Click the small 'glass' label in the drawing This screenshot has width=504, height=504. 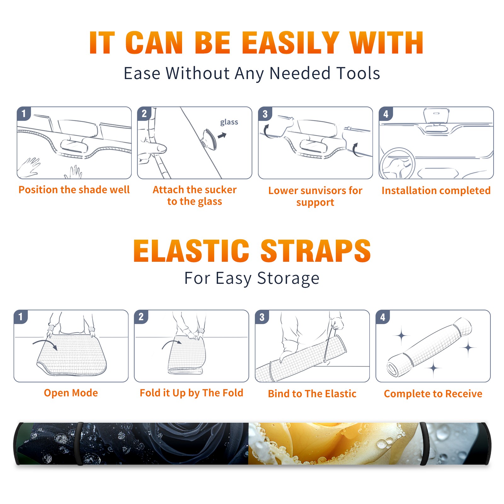click(x=229, y=122)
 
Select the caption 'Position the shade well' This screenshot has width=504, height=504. click(x=74, y=190)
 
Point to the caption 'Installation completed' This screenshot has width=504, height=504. click(x=436, y=190)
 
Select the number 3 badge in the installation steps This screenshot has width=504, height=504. click(x=265, y=114)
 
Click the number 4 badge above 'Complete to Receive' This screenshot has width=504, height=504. click(x=383, y=317)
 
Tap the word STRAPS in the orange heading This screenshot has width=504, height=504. click(x=316, y=251)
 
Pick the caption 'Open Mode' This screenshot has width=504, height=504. click(x=71, y=393)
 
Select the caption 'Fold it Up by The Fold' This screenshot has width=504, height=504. click(x=192, y=393)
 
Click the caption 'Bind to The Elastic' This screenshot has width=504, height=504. click(x=312, y=394)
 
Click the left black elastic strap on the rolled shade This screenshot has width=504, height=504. click(x=79, y=444)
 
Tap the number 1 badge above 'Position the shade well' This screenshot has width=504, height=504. click(x=24, y=113)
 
